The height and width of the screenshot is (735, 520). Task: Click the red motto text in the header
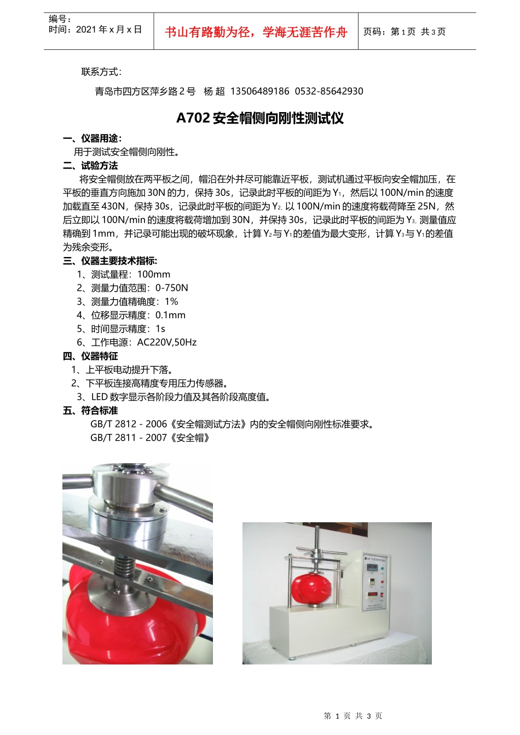click(x=256, y=32)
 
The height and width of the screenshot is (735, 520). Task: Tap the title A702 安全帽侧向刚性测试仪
click(x=260, y=118)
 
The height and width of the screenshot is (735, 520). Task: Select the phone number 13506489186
click(x=260, y=91)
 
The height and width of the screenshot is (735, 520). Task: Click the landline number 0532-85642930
click(x=329, y=91)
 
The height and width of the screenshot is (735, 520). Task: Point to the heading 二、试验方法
click(x=90, y=166)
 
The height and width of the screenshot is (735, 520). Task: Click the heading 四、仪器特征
click(x=90, y=356)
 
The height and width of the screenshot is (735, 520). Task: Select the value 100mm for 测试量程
click(x=154, y=275)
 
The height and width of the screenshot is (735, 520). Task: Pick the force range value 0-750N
click(x=172, y=288)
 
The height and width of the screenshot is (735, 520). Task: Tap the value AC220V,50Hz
click(x=167, y=342)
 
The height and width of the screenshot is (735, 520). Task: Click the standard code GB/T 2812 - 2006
click(x=129, y=424)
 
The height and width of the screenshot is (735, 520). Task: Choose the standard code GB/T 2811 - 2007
click(x=129, y=438)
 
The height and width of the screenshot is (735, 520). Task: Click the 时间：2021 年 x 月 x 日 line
click(x=95, y=30)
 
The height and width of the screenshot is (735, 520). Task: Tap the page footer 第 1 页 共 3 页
click(x=353, y=716)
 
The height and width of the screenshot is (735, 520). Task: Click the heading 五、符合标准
click(x=90, y=411)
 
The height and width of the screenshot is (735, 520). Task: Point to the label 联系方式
click(x=101, y=72)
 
